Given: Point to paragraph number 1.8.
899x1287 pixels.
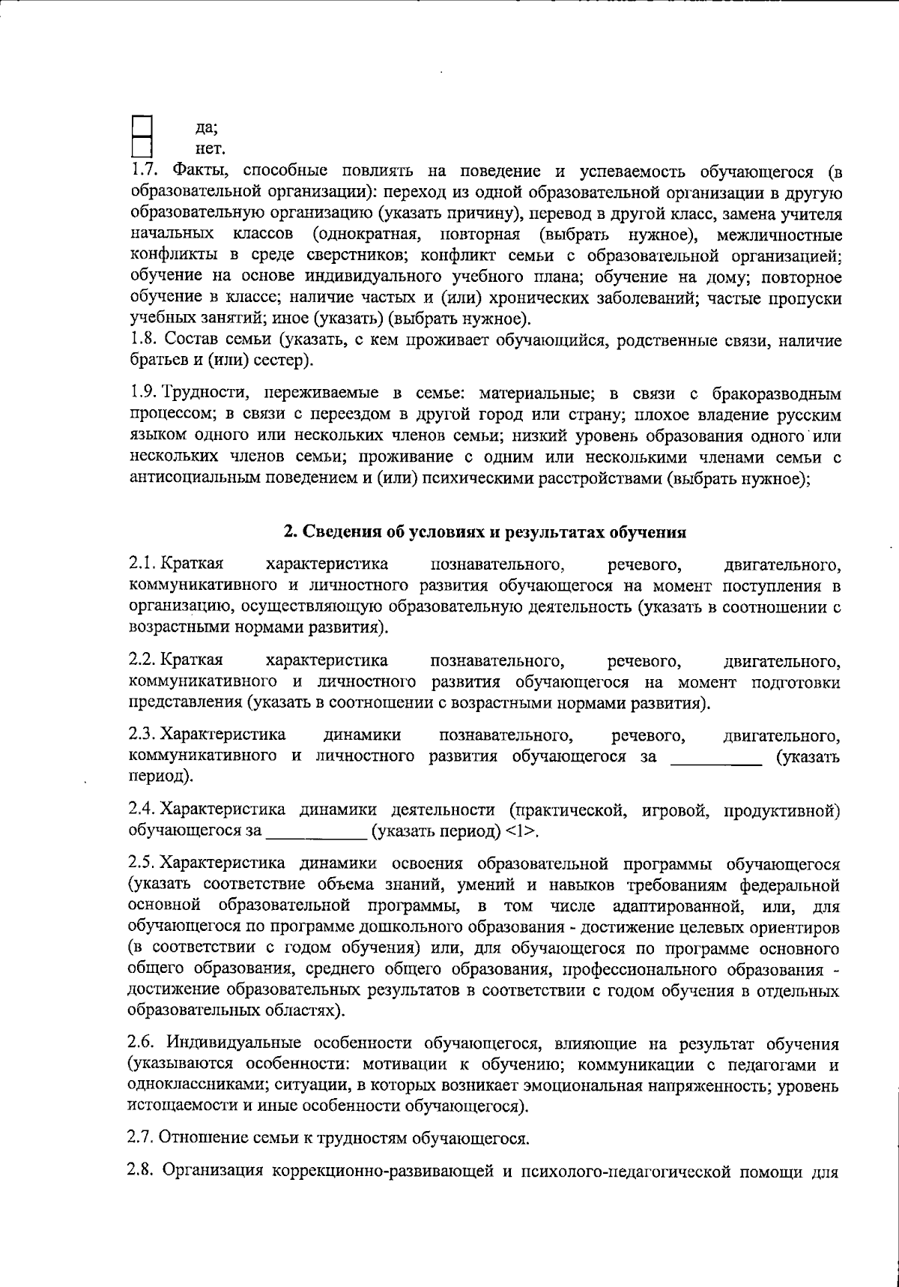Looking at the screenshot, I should [142, 341].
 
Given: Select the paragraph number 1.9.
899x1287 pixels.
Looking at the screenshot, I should [142, 393].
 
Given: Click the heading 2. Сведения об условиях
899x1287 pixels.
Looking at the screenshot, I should [485, 532].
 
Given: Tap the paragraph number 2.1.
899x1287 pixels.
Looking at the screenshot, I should [142, 563].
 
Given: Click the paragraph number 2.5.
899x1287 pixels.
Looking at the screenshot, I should [142, 863].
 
